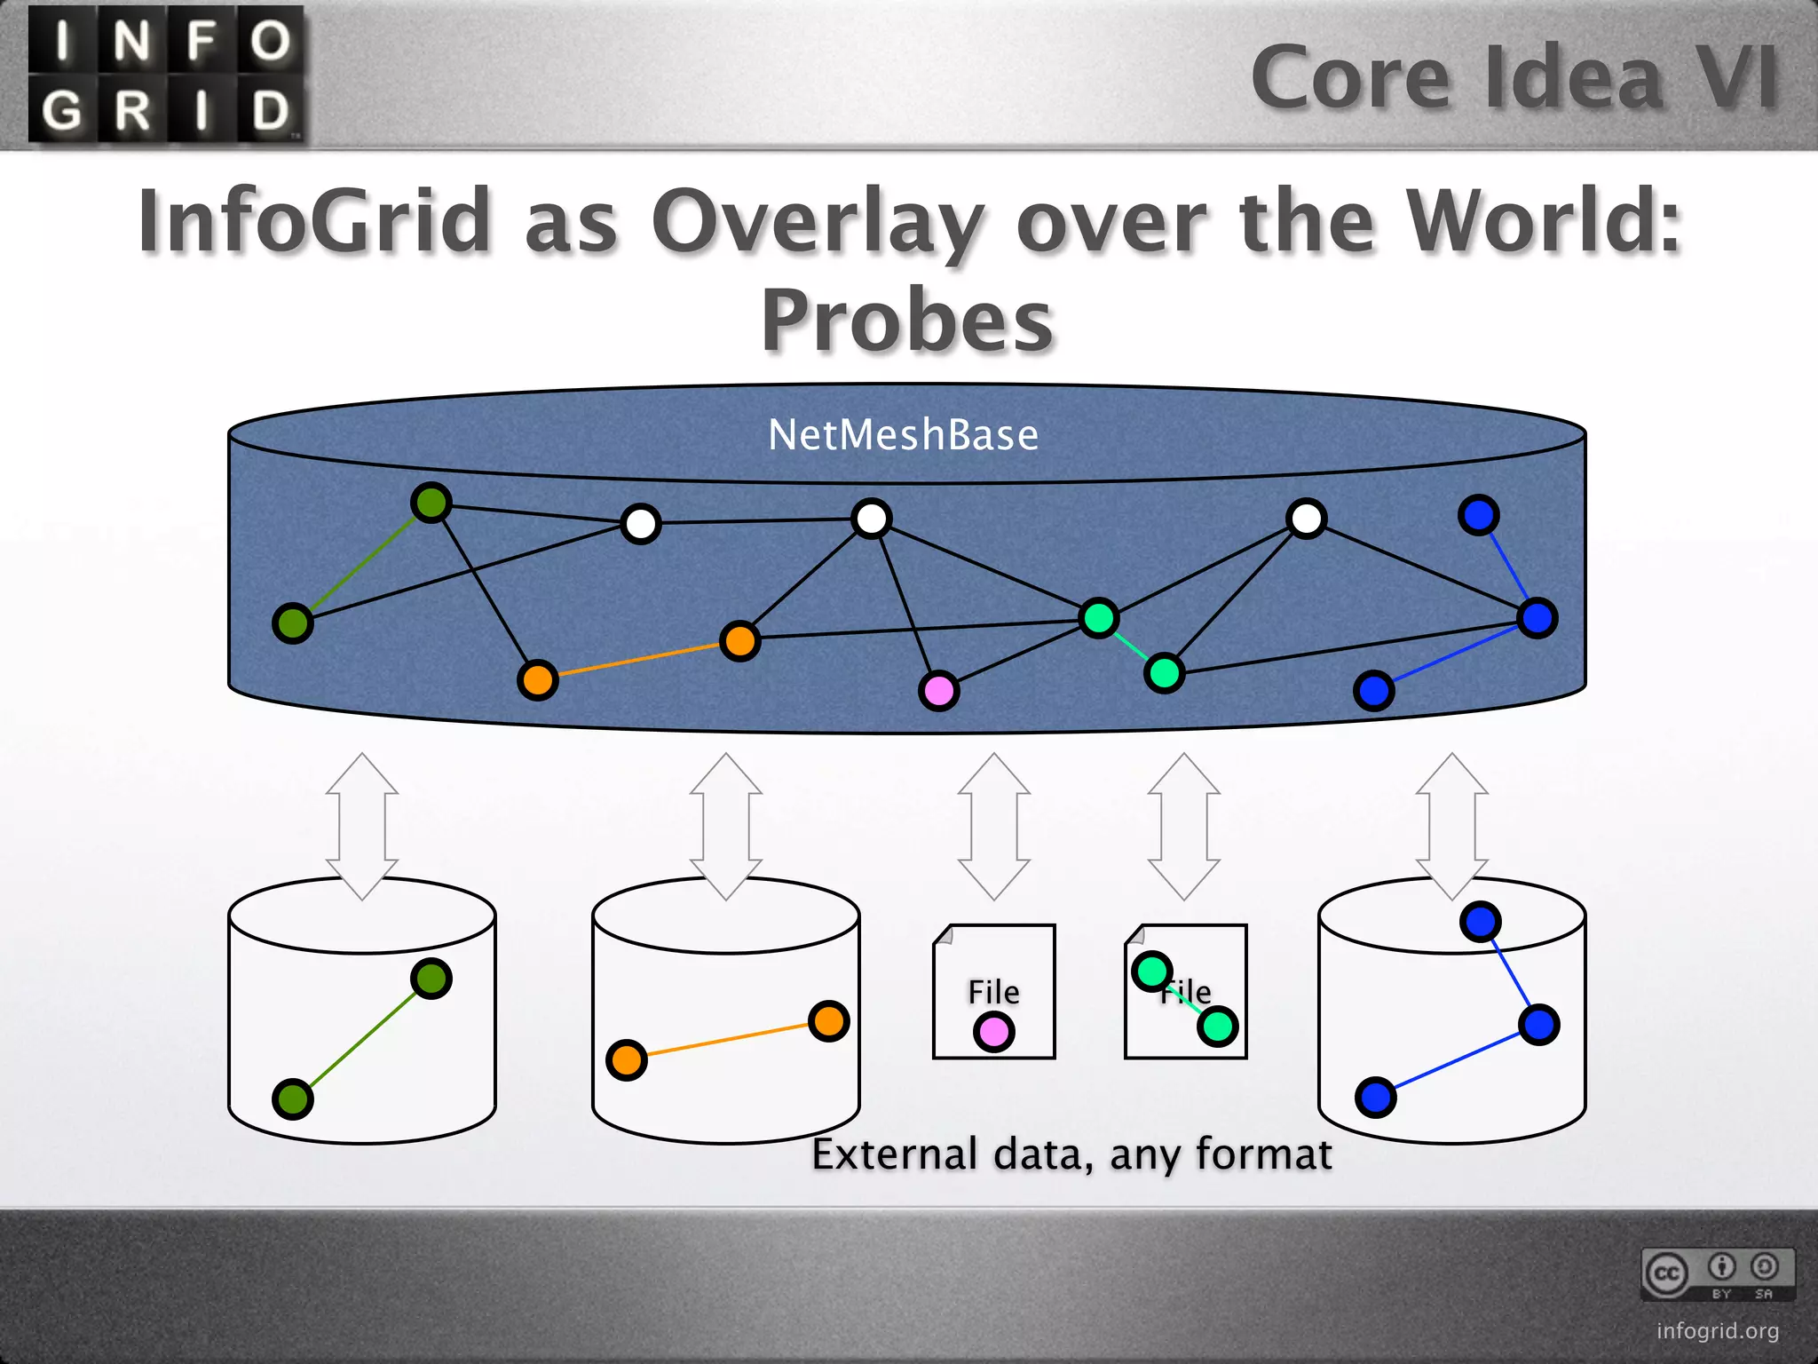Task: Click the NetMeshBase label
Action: point(903,435)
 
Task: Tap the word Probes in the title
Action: point(907,320)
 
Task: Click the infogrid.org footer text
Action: point(1717,1330)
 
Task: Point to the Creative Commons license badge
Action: point(1717,1274)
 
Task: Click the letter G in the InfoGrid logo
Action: point(62,111)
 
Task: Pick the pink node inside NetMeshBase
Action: point(938,690)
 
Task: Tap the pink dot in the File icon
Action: point(993,1032)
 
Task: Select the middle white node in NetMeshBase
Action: point(871,519)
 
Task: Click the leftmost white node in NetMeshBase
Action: point(641,524)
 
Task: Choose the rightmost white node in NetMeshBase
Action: point(1306,519)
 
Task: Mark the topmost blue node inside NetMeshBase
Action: point(1478,515)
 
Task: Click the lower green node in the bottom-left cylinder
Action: point(293,1098)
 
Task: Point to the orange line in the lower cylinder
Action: point(728,1041)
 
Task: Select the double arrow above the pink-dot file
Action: point(994,826)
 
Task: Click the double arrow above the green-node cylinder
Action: point(362,826)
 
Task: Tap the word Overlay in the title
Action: point(817,222)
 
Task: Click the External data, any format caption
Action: point(1071,1154)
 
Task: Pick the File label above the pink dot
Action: point(993,991)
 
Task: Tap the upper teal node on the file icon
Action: point(1151,971)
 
